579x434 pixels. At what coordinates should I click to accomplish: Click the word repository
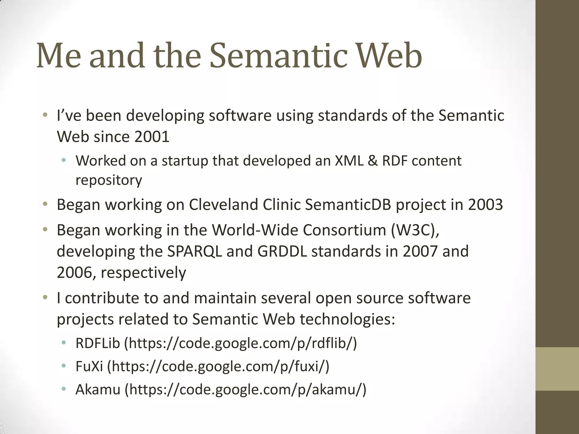pyautogui.click(x=109, y=180)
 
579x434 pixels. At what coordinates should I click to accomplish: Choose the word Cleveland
pyautogui.click(x=223, y=205)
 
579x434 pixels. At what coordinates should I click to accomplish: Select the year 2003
pyautogui.click(x=485, y=205)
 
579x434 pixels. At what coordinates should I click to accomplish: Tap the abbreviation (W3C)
pyautogui.click(x=415, y=230)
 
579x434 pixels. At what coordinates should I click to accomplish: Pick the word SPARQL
pyautogui.click(x=195, y=251)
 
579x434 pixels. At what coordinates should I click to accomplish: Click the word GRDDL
pyautogui.click(x=282, y=251)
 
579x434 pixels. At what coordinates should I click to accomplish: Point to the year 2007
pyautogui.click(x=420, y=251)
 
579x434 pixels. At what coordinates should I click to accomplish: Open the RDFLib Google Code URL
pyautogui.click(x=241, y=343)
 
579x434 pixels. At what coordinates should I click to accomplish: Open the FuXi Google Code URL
pyautogui.click(x=218, y=366)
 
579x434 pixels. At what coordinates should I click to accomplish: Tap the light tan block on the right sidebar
pyautogui.click(x=557, y=369)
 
